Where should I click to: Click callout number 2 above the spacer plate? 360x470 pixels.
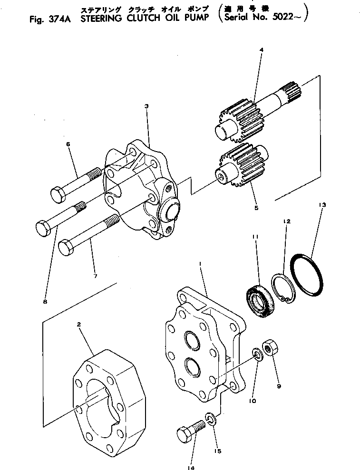tap(79, 325)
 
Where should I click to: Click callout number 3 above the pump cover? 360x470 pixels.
tap(146, 106)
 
